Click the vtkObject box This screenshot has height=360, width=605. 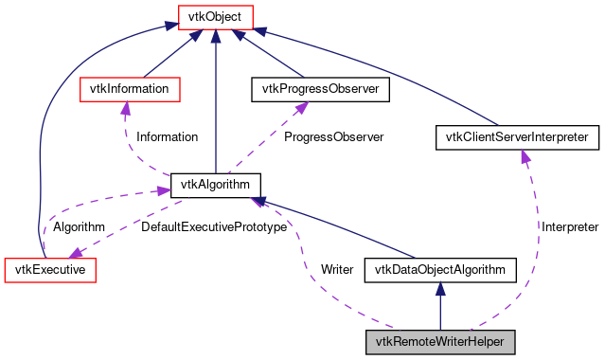[216, 16]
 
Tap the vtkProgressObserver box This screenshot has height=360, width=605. [314, 88]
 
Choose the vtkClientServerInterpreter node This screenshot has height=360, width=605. [517, 137]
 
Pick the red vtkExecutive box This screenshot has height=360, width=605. [51, 270]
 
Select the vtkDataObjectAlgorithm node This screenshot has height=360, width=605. [440, 270]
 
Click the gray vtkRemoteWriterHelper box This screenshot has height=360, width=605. [440, 340]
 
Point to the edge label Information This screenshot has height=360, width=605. [167, 137]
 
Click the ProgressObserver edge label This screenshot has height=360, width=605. [333, 137]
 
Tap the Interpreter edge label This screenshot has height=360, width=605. [569, 227]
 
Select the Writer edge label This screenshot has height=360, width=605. [337, 269]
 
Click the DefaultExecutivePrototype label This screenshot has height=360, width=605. [213, 227]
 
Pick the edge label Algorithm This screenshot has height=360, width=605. [79, 227]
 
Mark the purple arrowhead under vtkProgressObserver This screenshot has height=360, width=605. [302, 108]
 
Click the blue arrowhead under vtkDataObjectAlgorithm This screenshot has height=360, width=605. [440, 290]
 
